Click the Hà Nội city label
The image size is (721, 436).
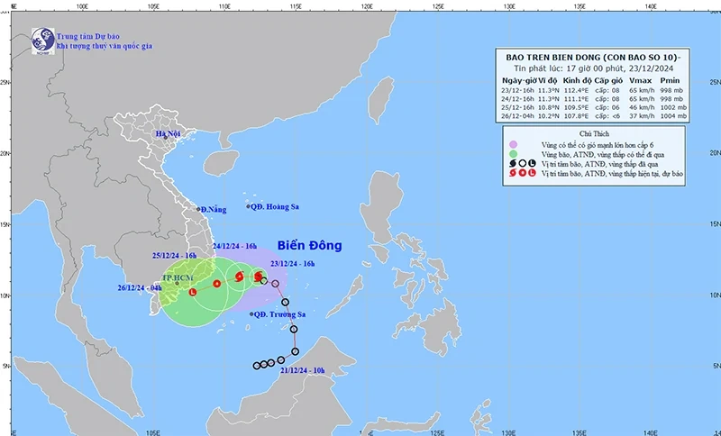point(169,134)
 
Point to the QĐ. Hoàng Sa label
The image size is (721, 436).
point(274,206)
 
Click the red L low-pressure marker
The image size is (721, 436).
point(192,291)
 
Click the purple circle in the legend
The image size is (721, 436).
point(512,144)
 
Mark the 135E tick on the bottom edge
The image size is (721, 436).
point(580,431)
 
